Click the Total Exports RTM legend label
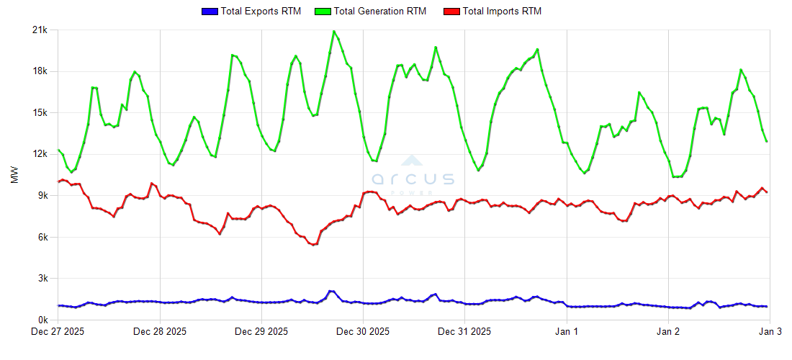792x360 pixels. [261, 12]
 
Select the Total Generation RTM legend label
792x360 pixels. [379, 12]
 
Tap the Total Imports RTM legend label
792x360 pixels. [502, 12]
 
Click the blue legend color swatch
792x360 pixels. [210, 12]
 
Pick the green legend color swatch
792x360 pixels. [323, 12]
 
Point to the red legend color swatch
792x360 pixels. [452, 12]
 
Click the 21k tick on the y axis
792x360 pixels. [40, 30]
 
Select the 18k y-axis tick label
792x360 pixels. [40, 71]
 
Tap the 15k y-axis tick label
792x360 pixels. [40, 113]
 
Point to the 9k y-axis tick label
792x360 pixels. [42, 196]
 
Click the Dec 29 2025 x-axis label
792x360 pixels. [262, 332]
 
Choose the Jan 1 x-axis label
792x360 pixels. [567, 332]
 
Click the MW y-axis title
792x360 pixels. [15, 175]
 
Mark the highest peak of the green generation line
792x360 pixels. [333, 31]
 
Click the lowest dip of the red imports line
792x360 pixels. [312, 245]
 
